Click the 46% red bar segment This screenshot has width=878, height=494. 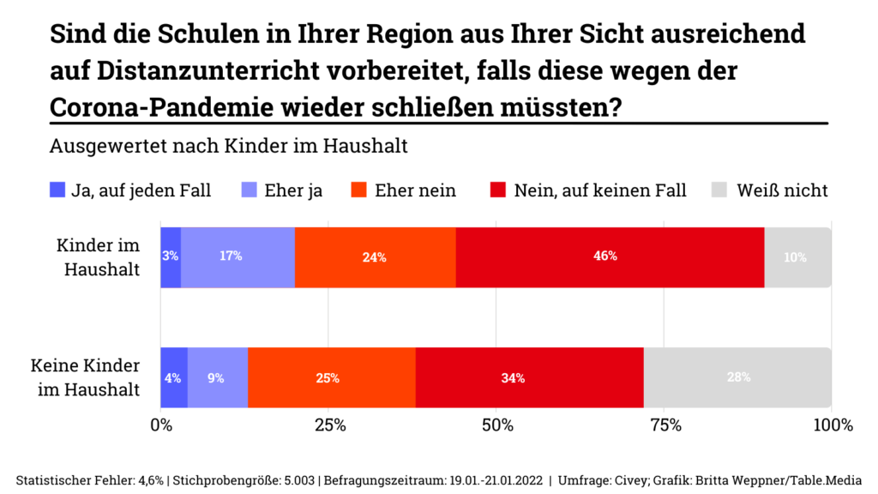point(610,257)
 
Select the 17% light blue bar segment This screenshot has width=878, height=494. point(238,257)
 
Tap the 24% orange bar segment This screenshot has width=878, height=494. point(375,257)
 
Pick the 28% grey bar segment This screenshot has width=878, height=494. point(737,377)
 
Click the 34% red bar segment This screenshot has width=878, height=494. point(529,377)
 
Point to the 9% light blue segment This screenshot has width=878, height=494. point(217,377)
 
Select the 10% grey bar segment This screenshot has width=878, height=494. point(797,257)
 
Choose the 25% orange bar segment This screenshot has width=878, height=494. point(331,377)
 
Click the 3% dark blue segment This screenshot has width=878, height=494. point(171,257)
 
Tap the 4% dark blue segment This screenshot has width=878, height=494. point(174,377)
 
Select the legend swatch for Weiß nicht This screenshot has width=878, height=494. point(720,190)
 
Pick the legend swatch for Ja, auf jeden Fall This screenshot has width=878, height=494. point(57,190)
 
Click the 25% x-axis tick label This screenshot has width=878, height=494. point(329,425)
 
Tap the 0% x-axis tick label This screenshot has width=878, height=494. point(161,425)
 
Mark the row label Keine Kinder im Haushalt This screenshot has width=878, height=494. point(86,377)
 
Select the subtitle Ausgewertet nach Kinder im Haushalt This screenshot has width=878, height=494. point(228,145)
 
